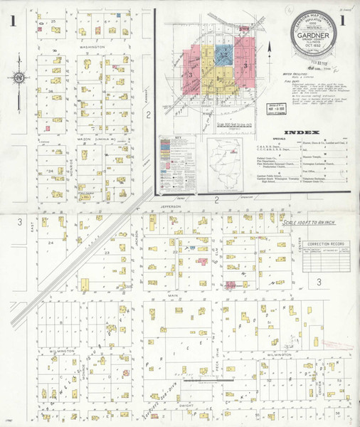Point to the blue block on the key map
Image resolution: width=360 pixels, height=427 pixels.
click(x=223, y=53)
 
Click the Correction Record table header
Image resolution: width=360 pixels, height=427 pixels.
click(x=317, y=243)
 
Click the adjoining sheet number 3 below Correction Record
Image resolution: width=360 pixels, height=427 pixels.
click(x=319, y=281)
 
